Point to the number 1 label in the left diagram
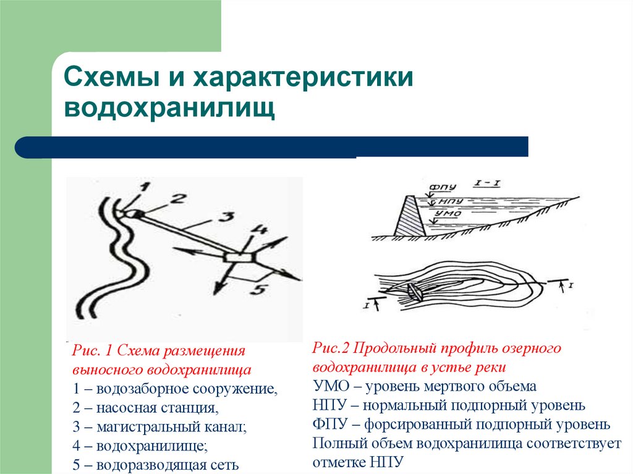point(136,197)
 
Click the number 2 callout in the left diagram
point(177,199)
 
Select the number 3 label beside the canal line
point(227,218)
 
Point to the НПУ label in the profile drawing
point(447,201)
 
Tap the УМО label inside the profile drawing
point(444,216)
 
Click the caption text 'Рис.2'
point(332,349)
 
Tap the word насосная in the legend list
point(121,408)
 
